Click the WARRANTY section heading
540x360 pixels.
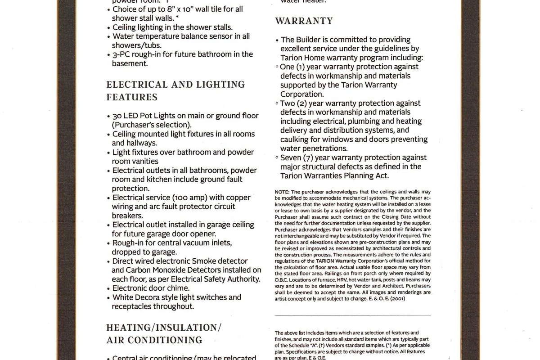[304, 21]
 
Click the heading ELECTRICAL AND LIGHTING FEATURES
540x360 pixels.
[175, 90]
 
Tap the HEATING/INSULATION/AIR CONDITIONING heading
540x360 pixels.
[164, 333]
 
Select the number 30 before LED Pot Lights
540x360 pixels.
[117, 116]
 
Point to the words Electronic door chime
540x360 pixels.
[151, 288]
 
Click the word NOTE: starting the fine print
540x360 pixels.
[283, 192]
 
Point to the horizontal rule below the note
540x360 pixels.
[352, 315]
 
